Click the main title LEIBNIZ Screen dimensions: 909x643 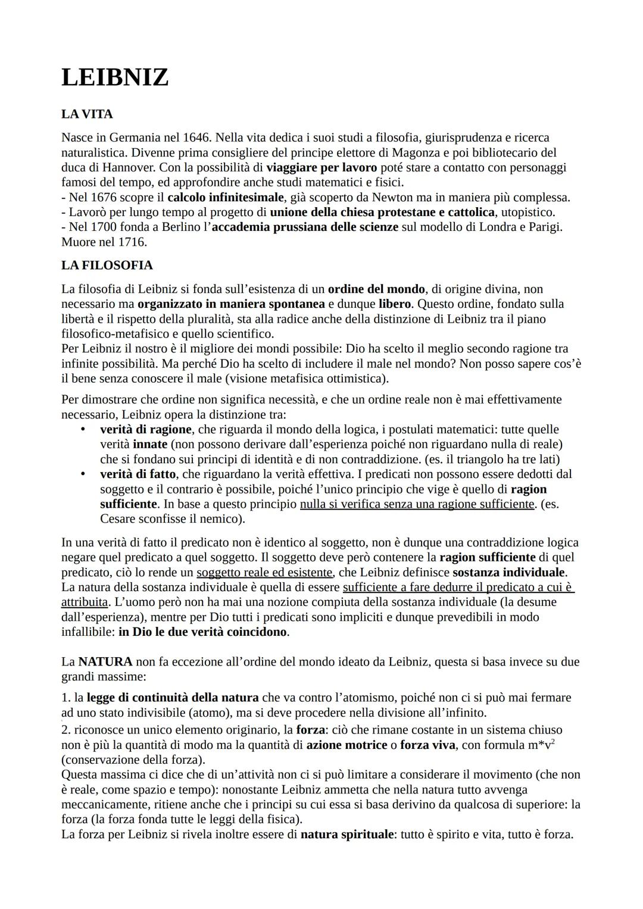point(115,78)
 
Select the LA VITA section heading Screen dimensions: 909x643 point(87,114)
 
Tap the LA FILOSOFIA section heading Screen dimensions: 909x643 point(107,265)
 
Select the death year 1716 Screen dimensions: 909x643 point(132,242)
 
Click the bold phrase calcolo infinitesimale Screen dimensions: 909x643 point(226,197)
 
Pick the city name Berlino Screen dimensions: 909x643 point(182,227)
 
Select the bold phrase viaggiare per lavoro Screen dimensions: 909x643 point(321,167)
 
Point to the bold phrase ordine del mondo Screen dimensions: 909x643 point(376,289)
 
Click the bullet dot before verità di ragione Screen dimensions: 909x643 point(83,429)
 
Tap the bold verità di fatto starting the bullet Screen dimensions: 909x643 point(138,474)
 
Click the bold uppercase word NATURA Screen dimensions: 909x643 point(105,661)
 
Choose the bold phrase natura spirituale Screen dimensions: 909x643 point(347,834)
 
